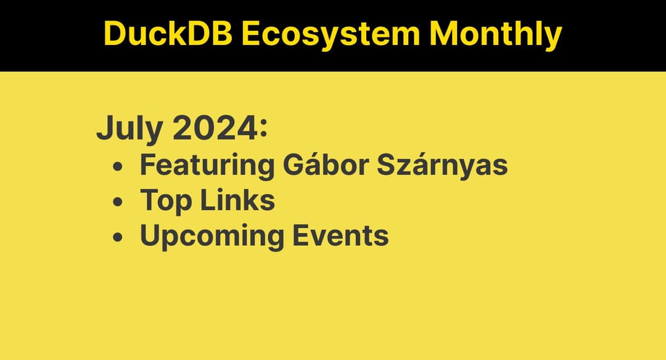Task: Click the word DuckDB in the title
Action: point(167,34)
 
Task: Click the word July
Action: point(129,129)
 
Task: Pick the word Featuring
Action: point(207,166)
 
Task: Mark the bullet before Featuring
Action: point(118,167)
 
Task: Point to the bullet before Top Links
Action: point(118,202)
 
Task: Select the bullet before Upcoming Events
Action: point(118,237)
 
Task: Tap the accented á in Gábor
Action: point(304,166)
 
